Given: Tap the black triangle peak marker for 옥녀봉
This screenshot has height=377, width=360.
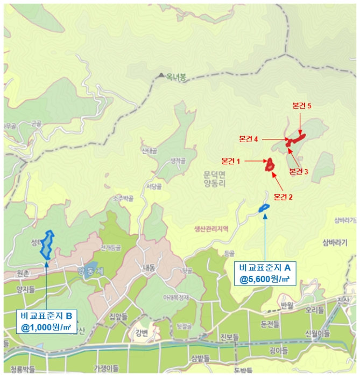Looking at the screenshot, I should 160,76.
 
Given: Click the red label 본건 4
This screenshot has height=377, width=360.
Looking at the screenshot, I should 250,139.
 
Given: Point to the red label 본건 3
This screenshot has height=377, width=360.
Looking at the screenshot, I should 299,172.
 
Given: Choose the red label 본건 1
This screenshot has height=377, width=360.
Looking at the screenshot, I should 231,161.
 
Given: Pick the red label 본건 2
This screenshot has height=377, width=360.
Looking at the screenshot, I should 283,197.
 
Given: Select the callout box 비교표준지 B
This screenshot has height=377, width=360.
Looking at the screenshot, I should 46,321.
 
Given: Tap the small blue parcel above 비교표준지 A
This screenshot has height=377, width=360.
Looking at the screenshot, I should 264,208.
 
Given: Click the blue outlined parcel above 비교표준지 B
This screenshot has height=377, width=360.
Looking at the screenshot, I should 47,245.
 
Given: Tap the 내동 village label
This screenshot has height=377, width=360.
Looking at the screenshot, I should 149,267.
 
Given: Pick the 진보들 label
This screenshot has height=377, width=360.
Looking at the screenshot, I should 229,337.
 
